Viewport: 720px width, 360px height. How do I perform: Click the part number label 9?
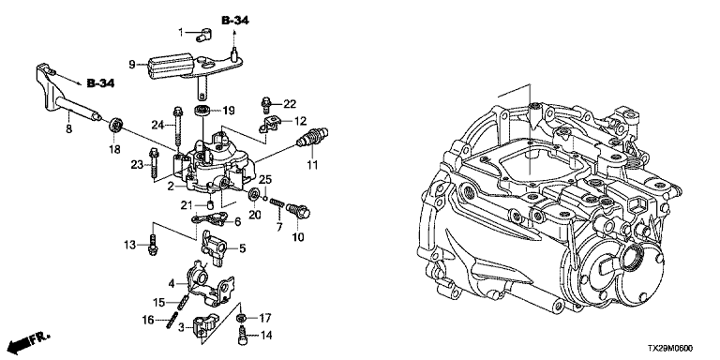coord(132,65)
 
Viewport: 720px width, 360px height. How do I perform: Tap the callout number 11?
coord(313,164)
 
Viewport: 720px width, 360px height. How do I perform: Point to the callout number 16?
coord(149,321)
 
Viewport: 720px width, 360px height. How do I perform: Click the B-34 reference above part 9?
coord(235,21)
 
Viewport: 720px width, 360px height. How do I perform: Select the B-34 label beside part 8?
coord(100,83)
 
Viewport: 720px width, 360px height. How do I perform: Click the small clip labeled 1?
coord(203,34)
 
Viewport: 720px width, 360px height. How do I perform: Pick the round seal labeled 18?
coord(117,125)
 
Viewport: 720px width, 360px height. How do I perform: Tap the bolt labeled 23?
coord(153,163)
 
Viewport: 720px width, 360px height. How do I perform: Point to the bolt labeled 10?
coord(298,211)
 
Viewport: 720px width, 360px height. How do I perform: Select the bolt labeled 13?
coord(152,245)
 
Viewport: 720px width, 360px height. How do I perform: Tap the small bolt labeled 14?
coord(242,335)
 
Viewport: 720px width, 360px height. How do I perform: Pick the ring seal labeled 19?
coord(201,111)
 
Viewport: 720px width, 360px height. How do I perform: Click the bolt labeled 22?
coord(265,105)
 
